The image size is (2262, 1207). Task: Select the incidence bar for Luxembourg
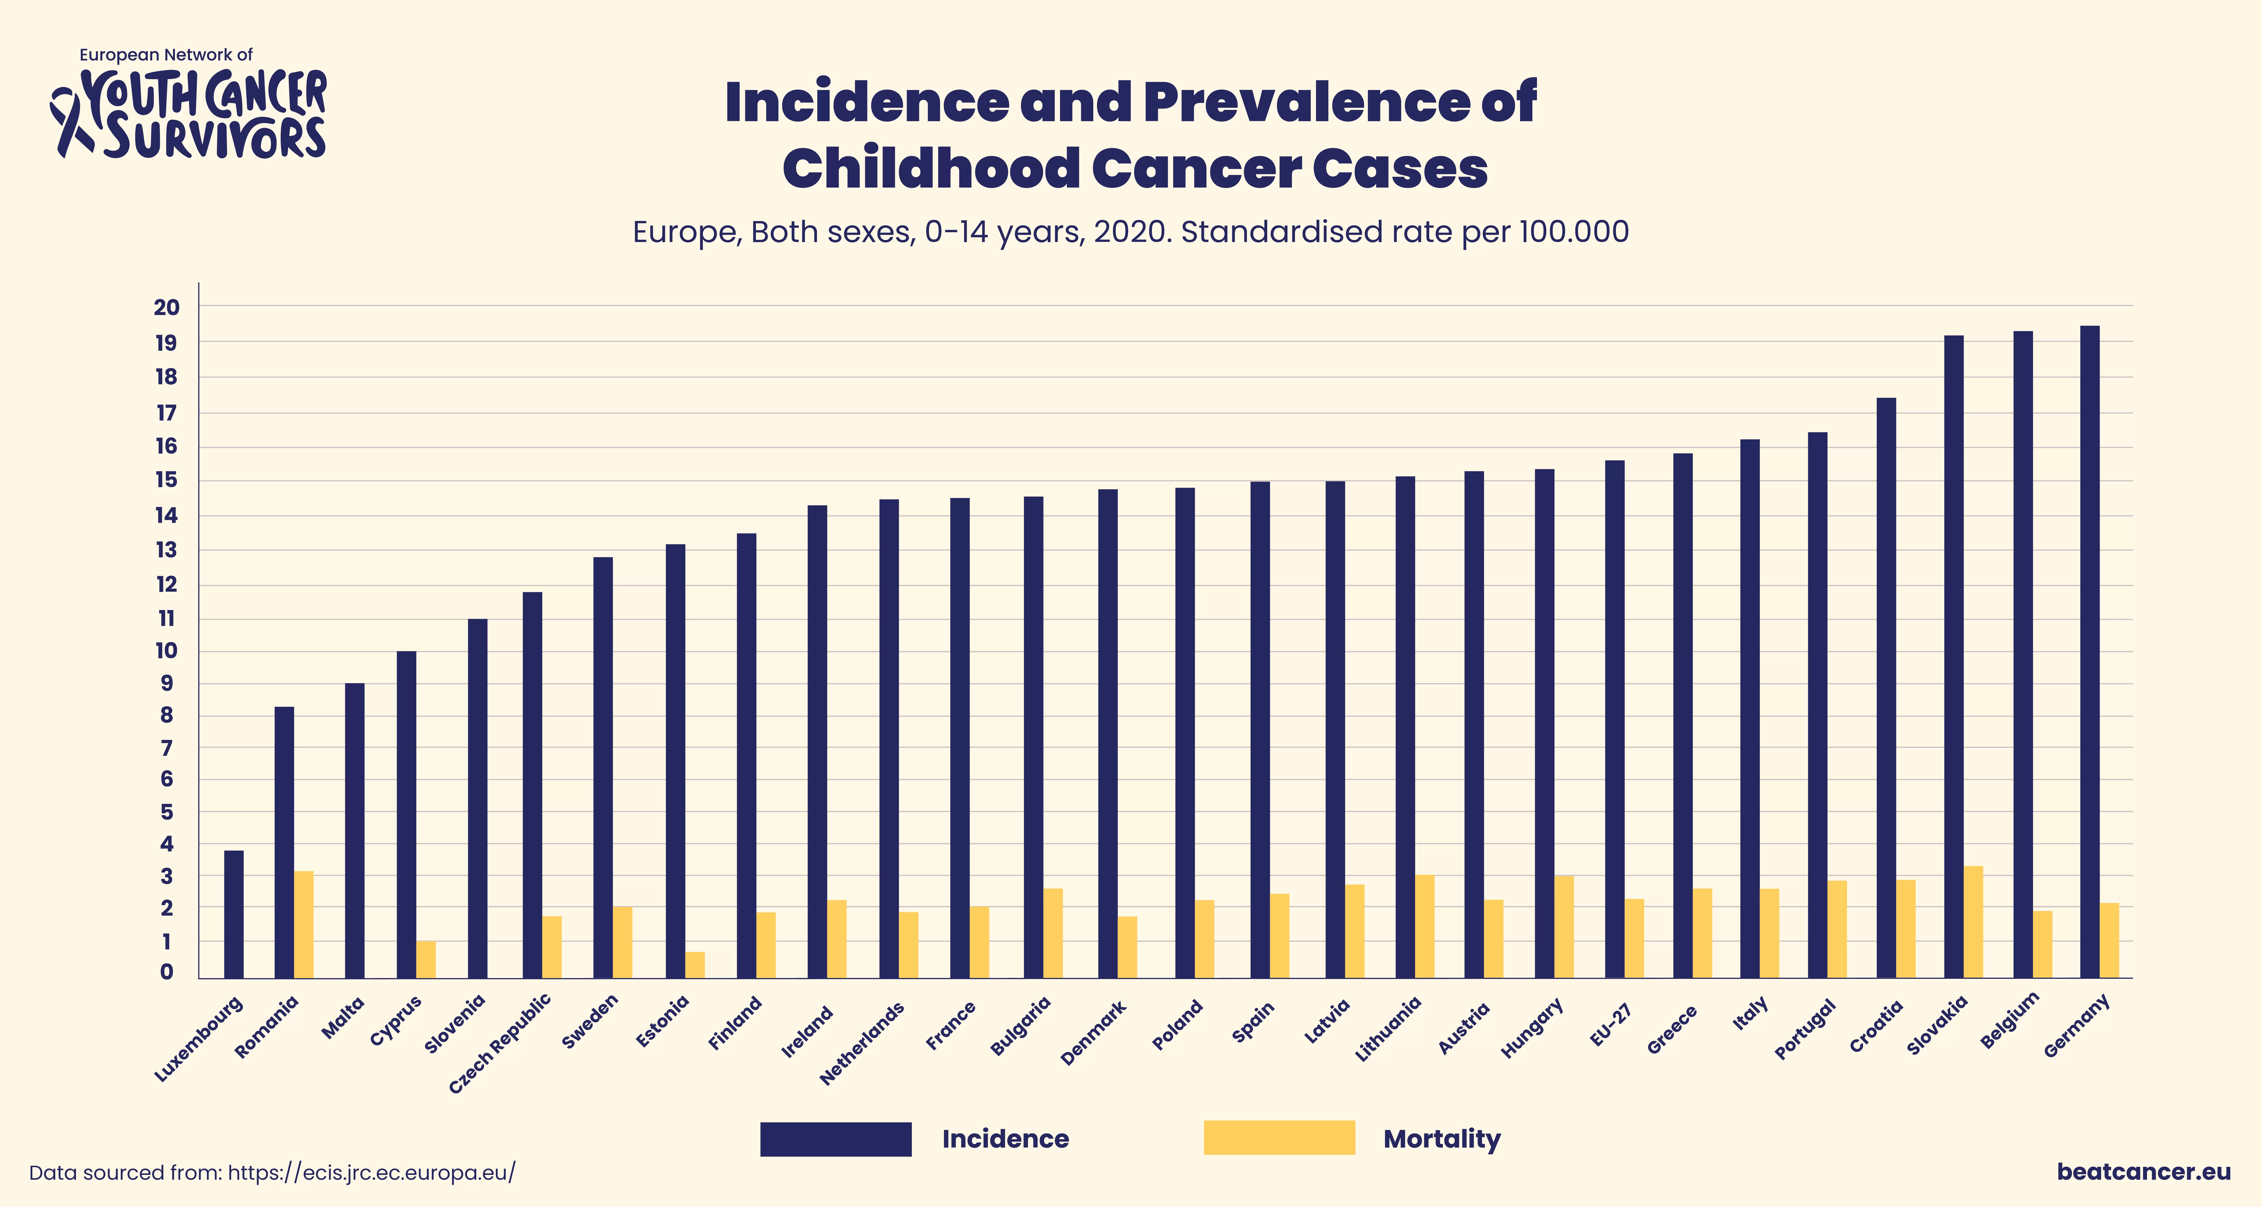(x=234, y=914)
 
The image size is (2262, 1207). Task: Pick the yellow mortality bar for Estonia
(x=695, y=965)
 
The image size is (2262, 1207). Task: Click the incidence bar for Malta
(x=355, y=830)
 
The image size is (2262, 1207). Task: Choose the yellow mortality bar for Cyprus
(x=426, y=959)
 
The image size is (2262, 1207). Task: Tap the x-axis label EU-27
(x=1611, y=1024)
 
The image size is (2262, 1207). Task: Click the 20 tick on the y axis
(x=167, y=308)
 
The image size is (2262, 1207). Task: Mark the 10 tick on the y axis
(x=167, y=651)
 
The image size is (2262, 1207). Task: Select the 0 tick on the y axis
(x=167, y=972)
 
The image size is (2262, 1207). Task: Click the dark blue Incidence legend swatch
(x=835, y=1138)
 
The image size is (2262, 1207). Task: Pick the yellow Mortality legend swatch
(x=1279, y=1138)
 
